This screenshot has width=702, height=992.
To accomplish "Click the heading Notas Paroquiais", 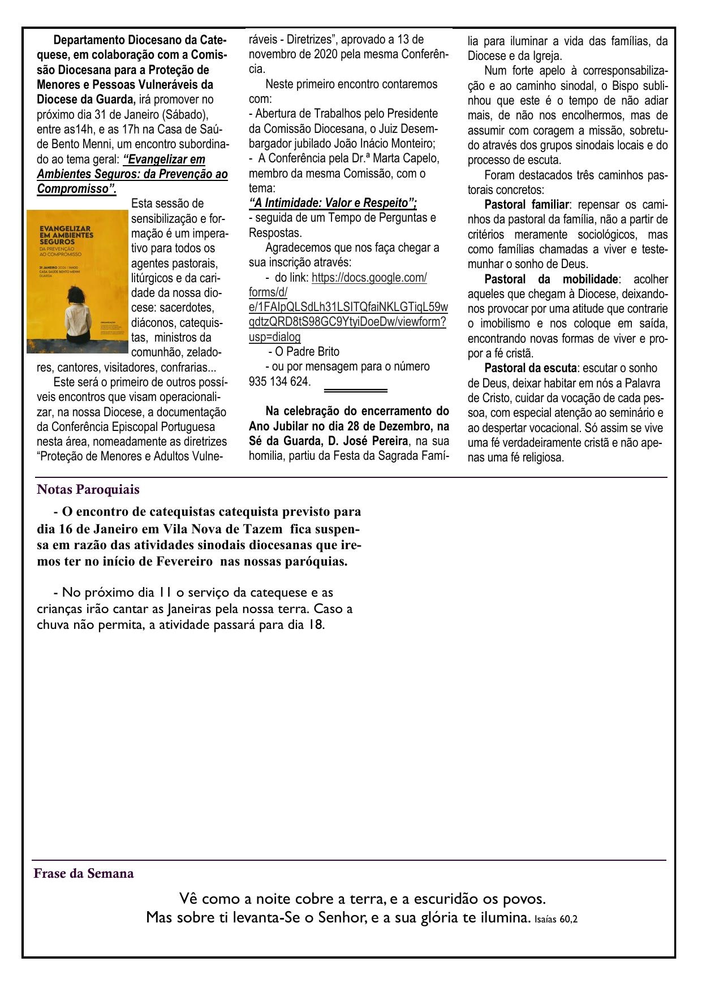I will point(88,489).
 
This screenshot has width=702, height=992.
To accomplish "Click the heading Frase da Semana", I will point(84,873).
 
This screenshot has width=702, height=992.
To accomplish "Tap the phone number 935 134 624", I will point(279,381).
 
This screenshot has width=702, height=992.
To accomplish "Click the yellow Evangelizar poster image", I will point(78,282).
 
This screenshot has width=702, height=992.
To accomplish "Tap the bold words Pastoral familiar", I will point(526,204).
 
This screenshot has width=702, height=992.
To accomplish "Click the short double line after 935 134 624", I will point(355,390).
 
